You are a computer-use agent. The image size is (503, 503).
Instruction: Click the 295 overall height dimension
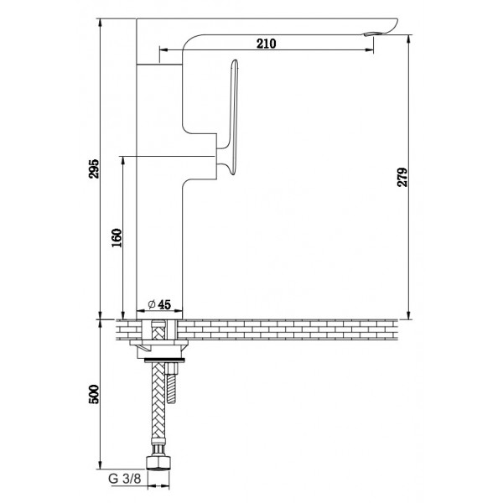(94, 169)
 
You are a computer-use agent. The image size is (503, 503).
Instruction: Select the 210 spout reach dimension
(267, 44)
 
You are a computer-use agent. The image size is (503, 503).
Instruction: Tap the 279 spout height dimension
(402, 177)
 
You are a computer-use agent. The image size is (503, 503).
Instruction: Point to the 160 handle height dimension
(117, 238)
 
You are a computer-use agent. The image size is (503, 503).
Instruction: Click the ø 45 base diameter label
(159, 304)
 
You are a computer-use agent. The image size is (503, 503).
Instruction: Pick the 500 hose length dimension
(94, 394)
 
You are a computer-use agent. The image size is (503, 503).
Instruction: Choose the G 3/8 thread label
(124, 479)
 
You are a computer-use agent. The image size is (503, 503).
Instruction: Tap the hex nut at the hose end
(158, 463)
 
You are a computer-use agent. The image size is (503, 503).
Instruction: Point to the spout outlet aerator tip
(370, 34)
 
